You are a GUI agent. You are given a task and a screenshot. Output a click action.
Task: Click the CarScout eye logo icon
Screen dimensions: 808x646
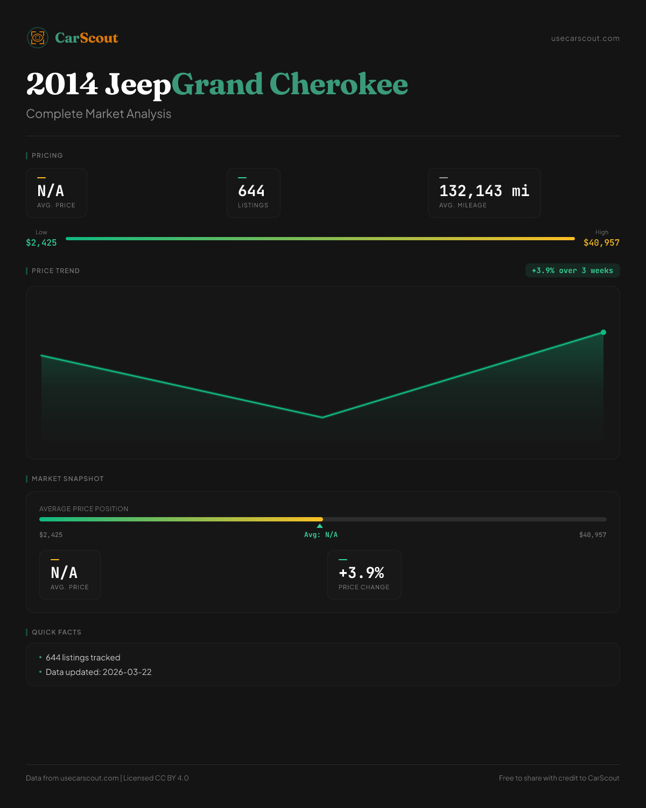38,38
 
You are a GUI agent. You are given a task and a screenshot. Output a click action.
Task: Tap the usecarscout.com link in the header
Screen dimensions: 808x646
585,38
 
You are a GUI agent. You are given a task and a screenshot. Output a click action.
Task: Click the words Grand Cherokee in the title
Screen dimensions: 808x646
290,85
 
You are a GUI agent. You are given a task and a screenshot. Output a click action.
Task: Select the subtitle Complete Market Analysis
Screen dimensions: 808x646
99,114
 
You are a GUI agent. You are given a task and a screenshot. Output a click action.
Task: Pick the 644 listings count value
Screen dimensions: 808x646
251,191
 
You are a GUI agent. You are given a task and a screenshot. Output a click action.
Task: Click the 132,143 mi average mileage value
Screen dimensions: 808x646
484,191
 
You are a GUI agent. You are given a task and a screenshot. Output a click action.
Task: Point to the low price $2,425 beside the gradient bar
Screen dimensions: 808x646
41,242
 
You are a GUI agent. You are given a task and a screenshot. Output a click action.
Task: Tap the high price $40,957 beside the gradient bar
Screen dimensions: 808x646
601,242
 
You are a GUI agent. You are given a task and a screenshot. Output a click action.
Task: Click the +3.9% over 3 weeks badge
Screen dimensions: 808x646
572,270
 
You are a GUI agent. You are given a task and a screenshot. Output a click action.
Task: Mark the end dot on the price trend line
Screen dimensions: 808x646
603,332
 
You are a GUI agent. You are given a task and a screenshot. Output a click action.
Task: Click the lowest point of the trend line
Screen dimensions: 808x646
322,417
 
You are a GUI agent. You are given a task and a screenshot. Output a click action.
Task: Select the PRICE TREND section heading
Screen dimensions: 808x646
55,271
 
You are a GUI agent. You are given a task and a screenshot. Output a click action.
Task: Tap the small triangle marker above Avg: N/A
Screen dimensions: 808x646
320,526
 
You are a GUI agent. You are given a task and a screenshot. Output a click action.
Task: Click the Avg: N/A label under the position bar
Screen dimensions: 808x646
321,535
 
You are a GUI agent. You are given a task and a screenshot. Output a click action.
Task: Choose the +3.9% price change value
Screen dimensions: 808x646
361,573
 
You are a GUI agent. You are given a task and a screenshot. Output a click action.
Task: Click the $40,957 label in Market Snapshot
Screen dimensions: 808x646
593,535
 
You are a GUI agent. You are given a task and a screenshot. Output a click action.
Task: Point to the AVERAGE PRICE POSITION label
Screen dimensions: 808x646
84,509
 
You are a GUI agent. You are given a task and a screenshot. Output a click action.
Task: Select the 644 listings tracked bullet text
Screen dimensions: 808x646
83,658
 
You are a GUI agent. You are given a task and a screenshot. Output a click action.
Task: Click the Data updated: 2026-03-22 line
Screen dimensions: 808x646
99,672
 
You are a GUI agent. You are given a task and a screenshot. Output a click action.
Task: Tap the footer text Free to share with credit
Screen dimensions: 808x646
559,778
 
